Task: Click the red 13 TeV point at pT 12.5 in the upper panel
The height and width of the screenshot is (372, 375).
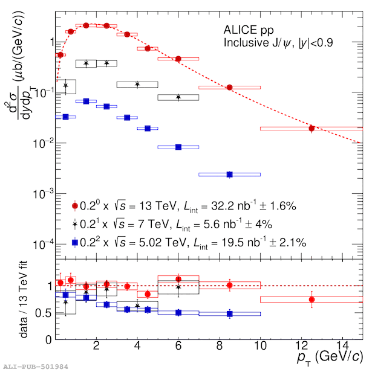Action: click(x=311, y=128)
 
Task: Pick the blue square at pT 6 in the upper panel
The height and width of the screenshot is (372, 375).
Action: click(x=178, y=147)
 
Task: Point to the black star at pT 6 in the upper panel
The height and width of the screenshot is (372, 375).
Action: click(x=178, y=97)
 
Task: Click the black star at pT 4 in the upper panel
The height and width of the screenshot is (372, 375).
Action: click(x=137, y=85)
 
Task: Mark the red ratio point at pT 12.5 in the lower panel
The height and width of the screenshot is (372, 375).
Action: click(x=311, y=300)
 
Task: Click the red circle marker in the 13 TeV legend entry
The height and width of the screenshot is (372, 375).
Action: click(x=74, y=207)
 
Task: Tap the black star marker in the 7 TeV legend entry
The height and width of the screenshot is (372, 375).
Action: click(x=74, y=225)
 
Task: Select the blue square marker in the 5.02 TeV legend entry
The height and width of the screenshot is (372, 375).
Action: click(x=74, y=242)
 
